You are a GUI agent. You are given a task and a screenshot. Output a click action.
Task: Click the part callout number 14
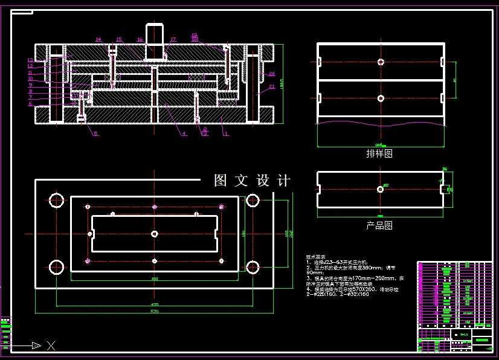98,40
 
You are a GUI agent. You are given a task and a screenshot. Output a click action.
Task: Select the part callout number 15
119,40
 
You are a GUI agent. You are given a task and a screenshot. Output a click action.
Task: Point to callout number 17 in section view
173,40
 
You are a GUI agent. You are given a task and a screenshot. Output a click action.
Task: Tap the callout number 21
272,86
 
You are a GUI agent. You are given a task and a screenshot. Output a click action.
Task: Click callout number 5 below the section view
95,133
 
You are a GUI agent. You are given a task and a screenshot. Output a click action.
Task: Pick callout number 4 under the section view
184,133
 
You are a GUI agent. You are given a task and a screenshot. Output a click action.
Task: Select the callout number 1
226,133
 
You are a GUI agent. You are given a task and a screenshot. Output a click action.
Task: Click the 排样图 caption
379,153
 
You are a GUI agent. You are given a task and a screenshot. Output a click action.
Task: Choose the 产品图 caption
379,225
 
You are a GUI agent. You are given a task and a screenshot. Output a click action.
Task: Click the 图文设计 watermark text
252,181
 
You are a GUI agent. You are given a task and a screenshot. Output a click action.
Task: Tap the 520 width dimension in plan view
155,312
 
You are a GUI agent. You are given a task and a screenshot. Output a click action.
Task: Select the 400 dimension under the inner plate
155,278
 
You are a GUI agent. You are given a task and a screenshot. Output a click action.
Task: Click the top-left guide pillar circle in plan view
57,200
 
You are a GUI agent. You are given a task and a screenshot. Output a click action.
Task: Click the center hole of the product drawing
380,189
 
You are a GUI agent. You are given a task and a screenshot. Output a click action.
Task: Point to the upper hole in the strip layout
380,62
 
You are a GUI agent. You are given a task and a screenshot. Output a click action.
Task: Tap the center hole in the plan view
155,234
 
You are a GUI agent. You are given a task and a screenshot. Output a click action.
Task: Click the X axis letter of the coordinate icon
51,346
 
